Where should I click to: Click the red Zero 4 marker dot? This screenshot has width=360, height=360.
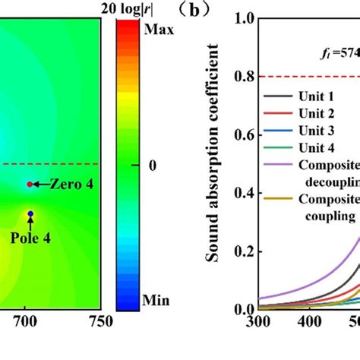[x=30, y=185]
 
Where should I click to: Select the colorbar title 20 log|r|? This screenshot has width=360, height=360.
[x=134, y=8]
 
